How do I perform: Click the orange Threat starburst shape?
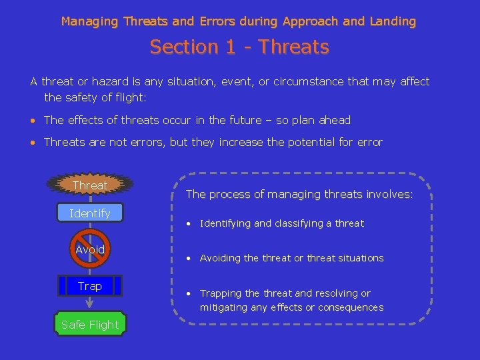tap(89, 185)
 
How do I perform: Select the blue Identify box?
tap(89, 213)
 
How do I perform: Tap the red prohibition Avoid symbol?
tap(89, 249)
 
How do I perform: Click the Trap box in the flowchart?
tap(89, 286)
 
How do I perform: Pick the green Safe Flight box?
tap(89, 325)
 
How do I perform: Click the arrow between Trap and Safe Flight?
tap(89, 303)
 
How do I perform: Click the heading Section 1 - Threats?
tap(239, 47)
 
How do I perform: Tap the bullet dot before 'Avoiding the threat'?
tap(190, 258)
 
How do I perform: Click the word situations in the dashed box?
tap(361, 258)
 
